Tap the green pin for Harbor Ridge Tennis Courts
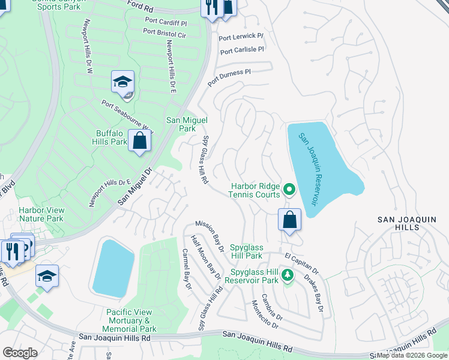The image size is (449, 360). click(x=289, y=190)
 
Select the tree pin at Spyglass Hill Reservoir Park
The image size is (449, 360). click(x=288, y=275)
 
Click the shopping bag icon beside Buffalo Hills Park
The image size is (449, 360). click(x=139, y=142)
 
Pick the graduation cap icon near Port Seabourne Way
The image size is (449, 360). click(x=122, y=82)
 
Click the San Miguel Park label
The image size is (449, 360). click(x=181, y=124)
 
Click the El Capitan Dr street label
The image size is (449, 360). click(x=302, y=265)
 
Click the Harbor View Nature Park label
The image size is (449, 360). click(x=41, y=214)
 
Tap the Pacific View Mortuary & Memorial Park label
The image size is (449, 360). click(x=131, y=320)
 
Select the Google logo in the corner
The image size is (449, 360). click(x=20, y=353)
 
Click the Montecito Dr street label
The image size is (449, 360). click(x=265, y=314)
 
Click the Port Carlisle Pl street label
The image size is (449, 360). click(x=241, y=50)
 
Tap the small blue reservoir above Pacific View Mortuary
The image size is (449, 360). click(x=113, y=266)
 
